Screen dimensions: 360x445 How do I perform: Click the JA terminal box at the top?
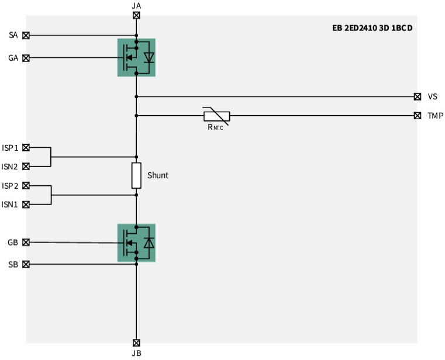point(136,15)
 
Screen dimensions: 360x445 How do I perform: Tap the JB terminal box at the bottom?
point(136,342)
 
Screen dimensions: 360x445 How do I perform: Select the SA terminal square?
point(26,35)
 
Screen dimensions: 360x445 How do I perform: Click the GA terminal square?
point(26,58)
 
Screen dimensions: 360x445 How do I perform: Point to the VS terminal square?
point(417,96)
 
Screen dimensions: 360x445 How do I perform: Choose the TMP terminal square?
point(417,116)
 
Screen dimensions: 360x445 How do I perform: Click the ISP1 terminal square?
point(26,148)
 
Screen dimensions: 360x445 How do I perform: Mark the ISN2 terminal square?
point(26,167)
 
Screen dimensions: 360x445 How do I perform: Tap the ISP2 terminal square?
point(26,186)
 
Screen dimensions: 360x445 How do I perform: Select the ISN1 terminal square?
point(26,204)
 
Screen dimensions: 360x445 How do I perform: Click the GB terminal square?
point(26,242)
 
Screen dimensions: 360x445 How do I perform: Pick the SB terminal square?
point(26,264)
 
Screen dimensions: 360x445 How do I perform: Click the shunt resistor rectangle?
point(136,175)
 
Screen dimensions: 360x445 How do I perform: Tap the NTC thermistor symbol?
point(216,116)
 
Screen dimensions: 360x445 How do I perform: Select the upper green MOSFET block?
point(136,57)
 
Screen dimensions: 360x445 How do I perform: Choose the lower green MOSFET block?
point(136,243)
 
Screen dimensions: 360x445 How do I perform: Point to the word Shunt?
point(158,175)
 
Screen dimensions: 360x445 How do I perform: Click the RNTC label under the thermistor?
point(215,127)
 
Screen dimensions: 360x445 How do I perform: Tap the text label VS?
point(433,96)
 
